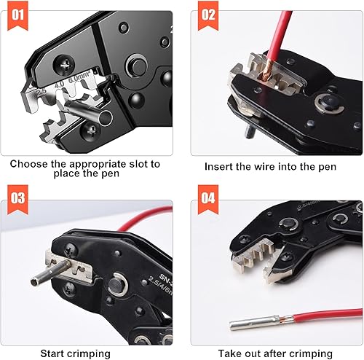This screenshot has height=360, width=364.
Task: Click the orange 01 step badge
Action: pos(17,15)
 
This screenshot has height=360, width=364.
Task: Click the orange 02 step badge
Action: pos(208,15)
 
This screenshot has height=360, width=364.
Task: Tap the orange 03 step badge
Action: pos(17,200)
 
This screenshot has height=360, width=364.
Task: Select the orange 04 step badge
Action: pos(208,200)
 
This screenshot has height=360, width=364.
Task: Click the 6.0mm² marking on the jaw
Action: pos(79,77)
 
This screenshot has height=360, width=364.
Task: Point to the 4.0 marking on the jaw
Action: pos(59,85)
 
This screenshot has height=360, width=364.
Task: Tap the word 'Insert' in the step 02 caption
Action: pos(218,167)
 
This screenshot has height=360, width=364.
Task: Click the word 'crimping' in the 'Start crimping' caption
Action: pos(88,353)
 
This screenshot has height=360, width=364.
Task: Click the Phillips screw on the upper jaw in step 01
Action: pos(64,65)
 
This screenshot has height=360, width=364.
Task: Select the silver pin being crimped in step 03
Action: pos(50,273)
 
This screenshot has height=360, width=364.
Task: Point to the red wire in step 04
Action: pos(328,316)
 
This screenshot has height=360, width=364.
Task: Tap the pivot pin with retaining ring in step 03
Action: pos(117,285)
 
